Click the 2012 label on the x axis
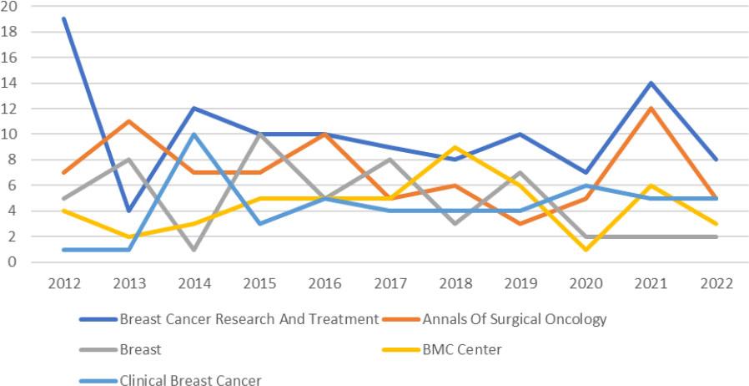pyautogui.click(x=65, y=282)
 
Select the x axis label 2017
pyautogui.click(x=391, y=282)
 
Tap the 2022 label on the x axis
pyautogui.click(x=716, y=282)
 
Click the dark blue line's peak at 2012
pyautogui.click(x=65, y=18)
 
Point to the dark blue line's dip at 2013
pyautogui.click(x=130, y=211)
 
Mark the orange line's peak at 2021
pyautogui.click(x=651, y=109)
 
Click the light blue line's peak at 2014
pyautogui.click(x=195, y=134)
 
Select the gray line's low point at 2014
pyautogui.click(x=195, y=249)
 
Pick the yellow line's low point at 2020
pyautogui.click(x=586, y=249)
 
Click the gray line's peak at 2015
pyautogui.click(x=260, y=134)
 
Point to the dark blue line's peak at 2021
pyautogui.click(x=651, y=83)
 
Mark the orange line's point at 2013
pyautogui.click(x=130, y=121)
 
